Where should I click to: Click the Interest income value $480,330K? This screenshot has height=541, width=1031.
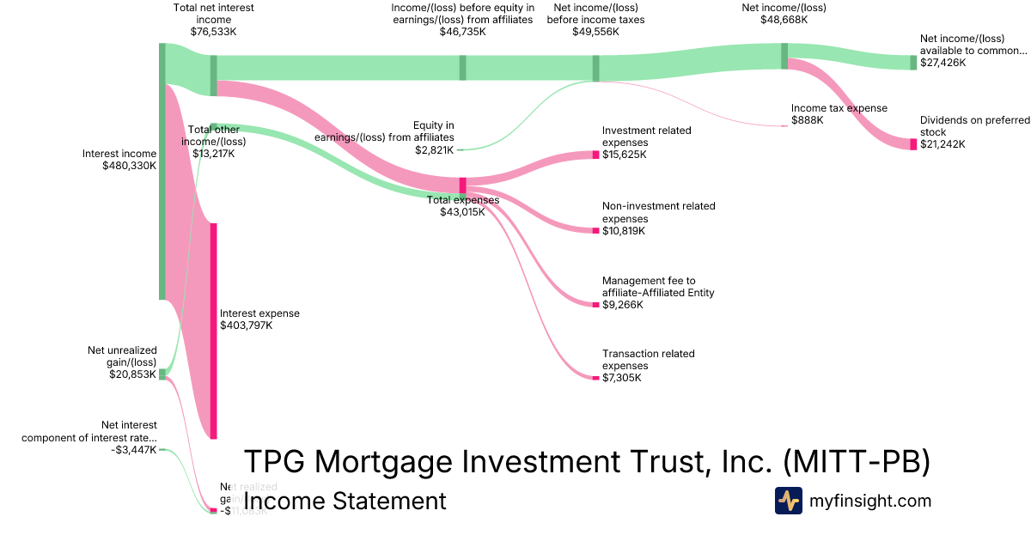click(x=129, y=166)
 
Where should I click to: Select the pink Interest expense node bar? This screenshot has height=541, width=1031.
click(x=213, y=331)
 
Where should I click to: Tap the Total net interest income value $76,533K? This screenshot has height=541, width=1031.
click(x=213, y=32)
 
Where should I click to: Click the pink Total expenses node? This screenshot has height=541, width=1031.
click(x=462, y=185)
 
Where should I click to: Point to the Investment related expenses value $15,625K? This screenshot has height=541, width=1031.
click(x=625, y=155)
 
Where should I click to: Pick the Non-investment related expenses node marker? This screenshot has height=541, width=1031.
click(x=595, y=231)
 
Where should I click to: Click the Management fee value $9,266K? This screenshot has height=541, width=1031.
click(x=623, y=305)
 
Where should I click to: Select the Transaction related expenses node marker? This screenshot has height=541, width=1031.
click(x=595, y=378)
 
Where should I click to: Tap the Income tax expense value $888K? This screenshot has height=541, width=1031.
click(x=808, y=120)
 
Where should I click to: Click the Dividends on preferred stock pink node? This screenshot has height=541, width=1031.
click(x=913, y=144)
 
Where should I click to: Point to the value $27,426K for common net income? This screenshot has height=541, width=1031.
click(x=943, y=63)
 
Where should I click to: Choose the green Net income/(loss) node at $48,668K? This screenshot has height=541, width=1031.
click(x=784, y=56)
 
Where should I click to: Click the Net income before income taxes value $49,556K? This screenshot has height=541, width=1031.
click(x=595, y=32)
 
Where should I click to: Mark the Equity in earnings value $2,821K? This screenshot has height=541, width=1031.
click(x=434, y=149)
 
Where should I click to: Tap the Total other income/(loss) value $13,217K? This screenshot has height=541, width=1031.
click(x=213, y=154)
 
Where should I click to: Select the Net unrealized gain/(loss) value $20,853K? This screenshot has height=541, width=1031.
click(x=132, y=374)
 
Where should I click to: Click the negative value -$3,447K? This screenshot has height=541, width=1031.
click(x=134, y=449)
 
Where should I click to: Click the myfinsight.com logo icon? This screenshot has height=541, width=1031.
click(x=788, y=501)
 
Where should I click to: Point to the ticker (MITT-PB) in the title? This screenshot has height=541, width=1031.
click(x=857, y=462)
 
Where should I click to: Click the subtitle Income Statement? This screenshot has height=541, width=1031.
click(x=345, y=501)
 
